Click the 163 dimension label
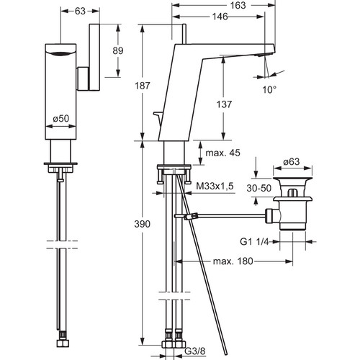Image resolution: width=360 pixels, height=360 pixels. pos(238,5)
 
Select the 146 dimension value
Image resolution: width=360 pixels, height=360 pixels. pos(220,17)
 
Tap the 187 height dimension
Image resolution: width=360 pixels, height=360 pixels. pos(143,86)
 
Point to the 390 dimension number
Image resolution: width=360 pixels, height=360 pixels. pos(143,224)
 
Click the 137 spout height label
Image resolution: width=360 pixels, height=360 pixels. pos(224,104)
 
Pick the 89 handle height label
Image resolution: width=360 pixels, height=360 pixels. pos(118,51)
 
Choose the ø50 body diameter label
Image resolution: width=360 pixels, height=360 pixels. pos(61,118)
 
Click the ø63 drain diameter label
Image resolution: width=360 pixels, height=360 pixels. pos(292,162)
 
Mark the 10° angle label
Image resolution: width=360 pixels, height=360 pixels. pos(269,90)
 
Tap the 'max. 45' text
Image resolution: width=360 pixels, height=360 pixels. pos(222,153)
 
